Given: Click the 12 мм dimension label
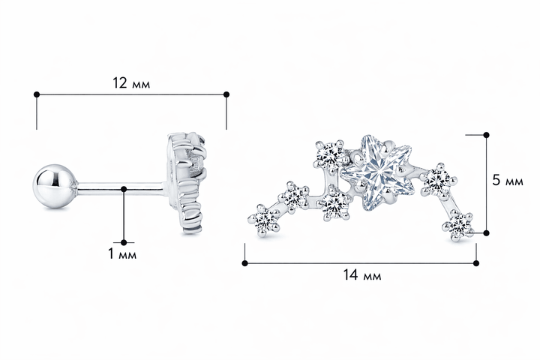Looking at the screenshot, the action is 131,83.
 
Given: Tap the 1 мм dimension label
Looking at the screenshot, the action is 122,254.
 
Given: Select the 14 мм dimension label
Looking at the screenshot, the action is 362,275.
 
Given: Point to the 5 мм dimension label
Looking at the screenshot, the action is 508,181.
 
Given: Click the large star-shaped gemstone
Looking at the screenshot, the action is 378,172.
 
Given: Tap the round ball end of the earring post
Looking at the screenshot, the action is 55,186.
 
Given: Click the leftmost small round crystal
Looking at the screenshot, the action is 265,220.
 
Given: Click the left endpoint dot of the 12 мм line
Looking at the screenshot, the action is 37,94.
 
